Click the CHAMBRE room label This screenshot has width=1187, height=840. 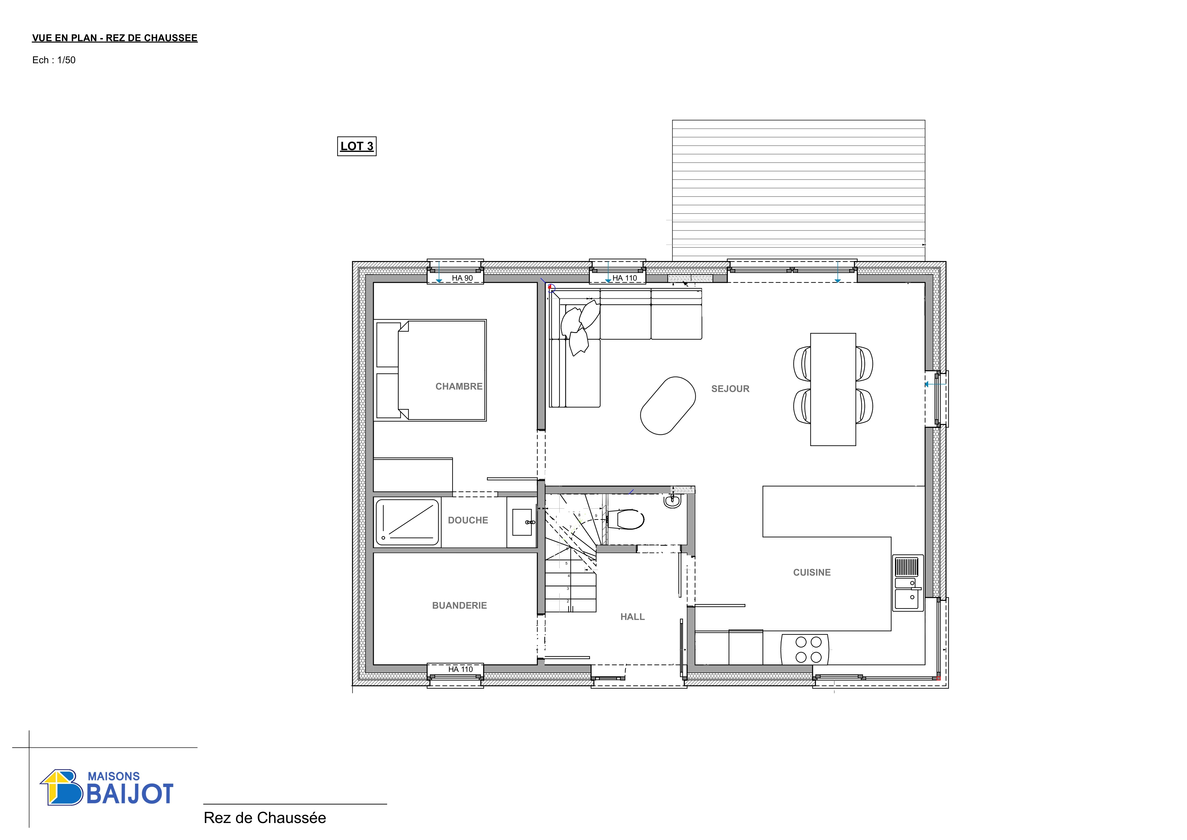click(459, 386)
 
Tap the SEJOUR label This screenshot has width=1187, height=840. click(730, 389)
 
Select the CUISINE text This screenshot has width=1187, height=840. click(812, 573)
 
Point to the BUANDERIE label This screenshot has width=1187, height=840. click(459, 606)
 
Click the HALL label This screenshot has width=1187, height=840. click(632, 617)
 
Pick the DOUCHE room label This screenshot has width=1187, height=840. click(468, 520)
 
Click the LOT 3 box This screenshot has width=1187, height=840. click(357, 146)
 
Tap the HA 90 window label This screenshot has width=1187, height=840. click(462, 278)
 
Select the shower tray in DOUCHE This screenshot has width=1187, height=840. click(407, 522)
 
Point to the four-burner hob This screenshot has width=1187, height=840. click(804, 650)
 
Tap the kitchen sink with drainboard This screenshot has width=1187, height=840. click(908, 584)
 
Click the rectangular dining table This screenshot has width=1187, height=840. click(833, 390)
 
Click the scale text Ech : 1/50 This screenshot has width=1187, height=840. click(54, 60)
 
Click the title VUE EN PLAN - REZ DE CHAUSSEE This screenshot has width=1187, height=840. click(115, 38)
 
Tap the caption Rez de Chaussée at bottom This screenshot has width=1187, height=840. click(265, 818)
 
